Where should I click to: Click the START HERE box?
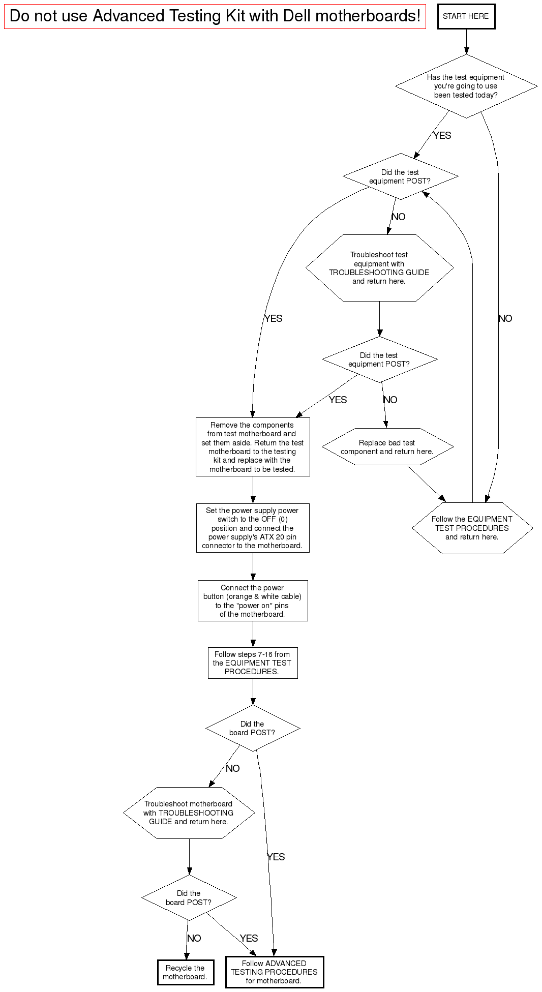pyautogui.click(x=466, y=16)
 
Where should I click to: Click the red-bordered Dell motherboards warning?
pyautogui.click(x=215, y=16)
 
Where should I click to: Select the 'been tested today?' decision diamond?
pyautogui.click(x=466, y=86)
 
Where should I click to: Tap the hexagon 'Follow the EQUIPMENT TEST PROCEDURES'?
pyautogui.click(x=472, y=528)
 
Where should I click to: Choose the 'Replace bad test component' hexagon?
pyautogui.click(x=387, y=447)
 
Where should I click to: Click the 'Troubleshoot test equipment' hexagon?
pyautogui.click(x=379, y=268)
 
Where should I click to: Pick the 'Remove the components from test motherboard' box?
pyautogui.click(x=253, y=447)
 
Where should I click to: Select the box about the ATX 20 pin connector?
pyautogui.click(x=253, y=528)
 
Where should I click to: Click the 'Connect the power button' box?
pyautogui.click(x=253, y=600)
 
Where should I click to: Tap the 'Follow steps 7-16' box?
pyautogui.click(x=253, y=663)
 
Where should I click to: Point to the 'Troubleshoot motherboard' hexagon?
pyautogui.click(x=189, y=813)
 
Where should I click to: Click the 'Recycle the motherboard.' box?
pyautogui.click(x=185, y=972)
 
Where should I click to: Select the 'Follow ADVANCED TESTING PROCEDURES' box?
pyautogui.click(x=274, y=972)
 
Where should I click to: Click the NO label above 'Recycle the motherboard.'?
pyautogui.click(x=194, y=938)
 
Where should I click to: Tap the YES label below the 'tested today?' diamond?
pyautogui.click(x=442, y=135)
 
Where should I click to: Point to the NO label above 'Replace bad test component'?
pyautogui.click(x=390, y=400)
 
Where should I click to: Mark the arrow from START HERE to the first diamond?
pyautogui.click(x=466, y=42)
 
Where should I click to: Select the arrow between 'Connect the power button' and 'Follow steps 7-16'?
pyautogui.click(x=253, y=634)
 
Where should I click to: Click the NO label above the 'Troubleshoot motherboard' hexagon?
pyautogui.click(x=232, y=768)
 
